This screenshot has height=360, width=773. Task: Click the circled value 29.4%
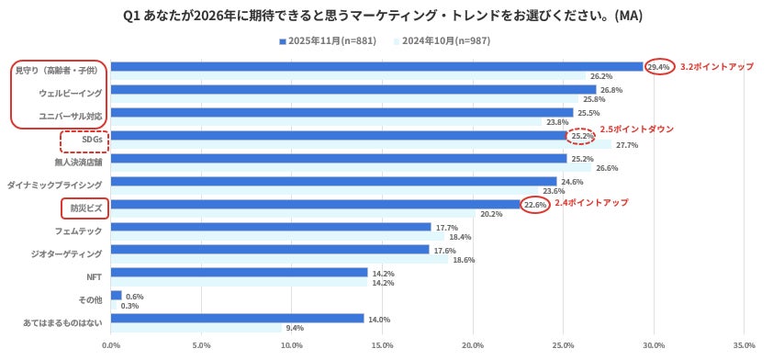(659, 67)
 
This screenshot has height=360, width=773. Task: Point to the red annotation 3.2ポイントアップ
(716, 67)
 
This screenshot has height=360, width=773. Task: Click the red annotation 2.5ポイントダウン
(636, 129)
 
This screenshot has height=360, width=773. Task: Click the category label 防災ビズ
(85, 208)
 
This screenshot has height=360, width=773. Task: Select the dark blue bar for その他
(117, 296)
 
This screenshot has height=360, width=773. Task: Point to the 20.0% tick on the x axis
(472, 345)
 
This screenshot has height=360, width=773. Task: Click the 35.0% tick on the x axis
(743, 345)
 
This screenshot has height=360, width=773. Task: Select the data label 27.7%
(627, 145)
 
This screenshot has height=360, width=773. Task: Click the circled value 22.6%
(535, 205)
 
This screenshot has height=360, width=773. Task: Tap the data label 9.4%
(294, 328)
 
